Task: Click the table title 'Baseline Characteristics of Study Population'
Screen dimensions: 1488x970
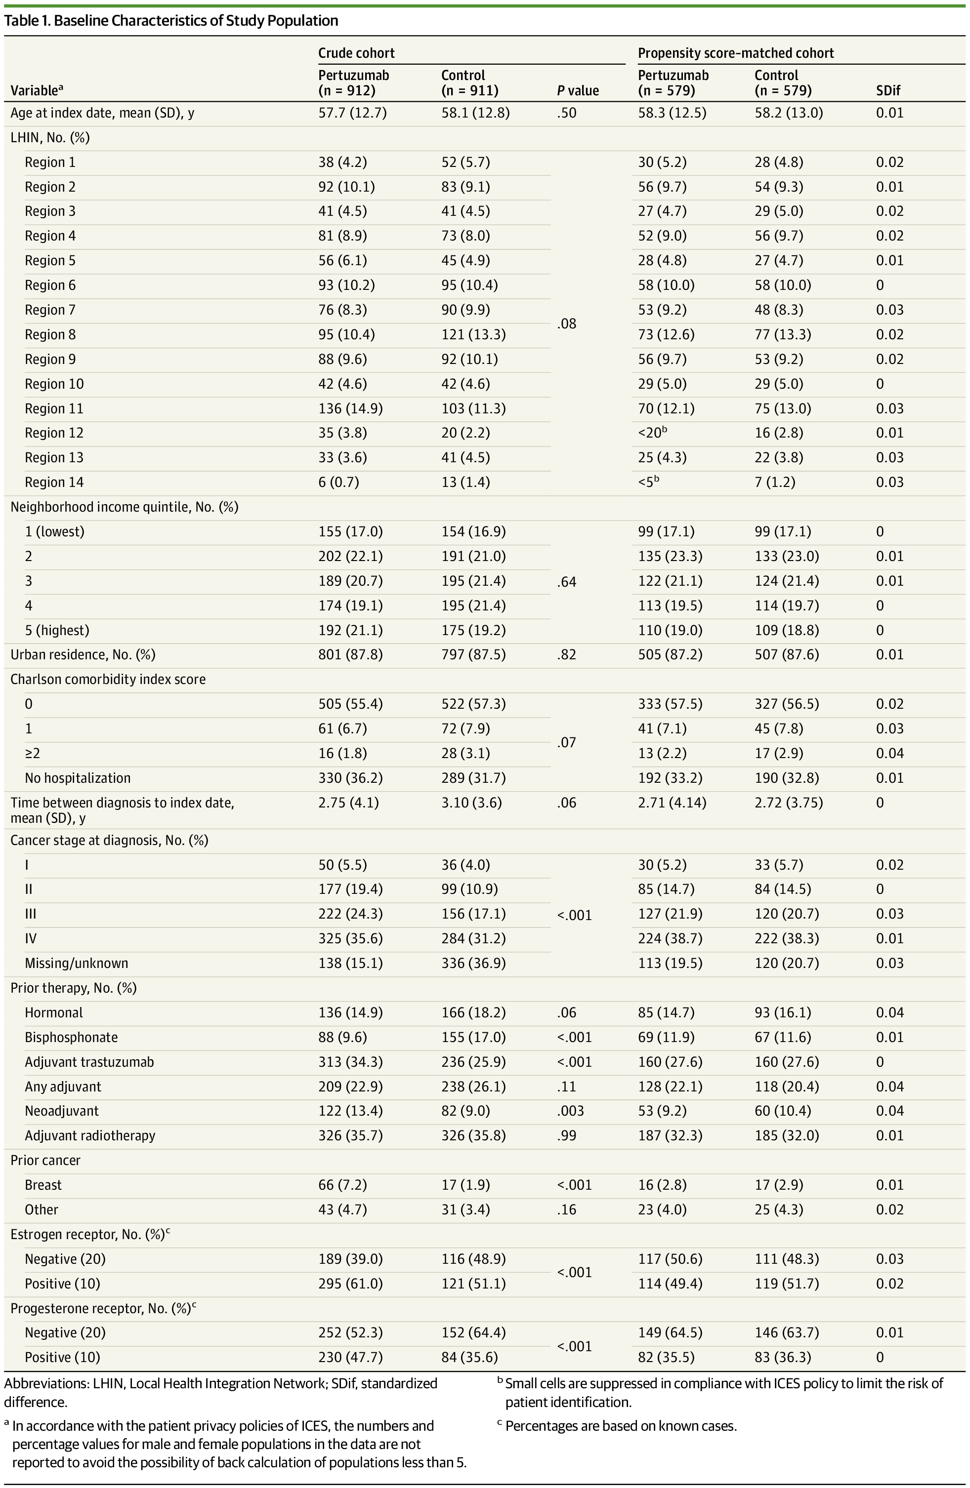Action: (196, 21)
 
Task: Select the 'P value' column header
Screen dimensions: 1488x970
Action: (577, 91)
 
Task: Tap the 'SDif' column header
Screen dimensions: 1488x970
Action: (888, 91)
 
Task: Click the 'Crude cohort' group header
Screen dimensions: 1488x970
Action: (356, 53)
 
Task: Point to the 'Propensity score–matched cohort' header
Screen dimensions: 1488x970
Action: (735, 53)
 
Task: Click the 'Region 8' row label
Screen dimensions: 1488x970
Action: (50, 334)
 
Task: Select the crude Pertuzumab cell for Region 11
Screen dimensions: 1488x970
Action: (350, 408)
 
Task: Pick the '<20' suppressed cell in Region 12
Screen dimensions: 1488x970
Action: (650, 433)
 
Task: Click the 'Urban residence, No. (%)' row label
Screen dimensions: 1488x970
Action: (83, 654)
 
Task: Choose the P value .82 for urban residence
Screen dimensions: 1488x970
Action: (567, 654)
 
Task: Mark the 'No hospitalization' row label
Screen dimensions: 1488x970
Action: (78, 778)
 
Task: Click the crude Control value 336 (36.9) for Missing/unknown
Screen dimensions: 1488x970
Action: (473, 963)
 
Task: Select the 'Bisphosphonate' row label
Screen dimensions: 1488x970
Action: (71, 1037)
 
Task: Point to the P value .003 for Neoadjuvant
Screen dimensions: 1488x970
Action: (570, 1111)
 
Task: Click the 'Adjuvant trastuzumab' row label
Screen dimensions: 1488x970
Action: (89, 1062)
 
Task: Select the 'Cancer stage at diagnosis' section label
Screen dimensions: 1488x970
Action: (109, 840)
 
